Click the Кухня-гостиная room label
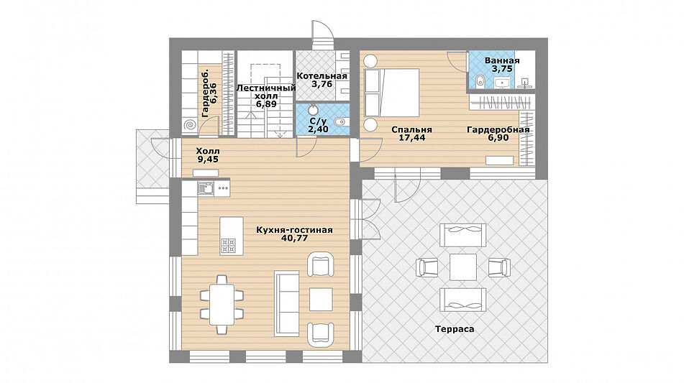294,230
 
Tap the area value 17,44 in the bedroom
412,138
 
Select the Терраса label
455,329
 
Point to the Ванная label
501,60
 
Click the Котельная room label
322,76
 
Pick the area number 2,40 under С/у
318,129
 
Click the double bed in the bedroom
392,93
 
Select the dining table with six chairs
222,305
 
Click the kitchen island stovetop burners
228,245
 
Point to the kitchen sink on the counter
206,189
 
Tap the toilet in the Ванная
480,80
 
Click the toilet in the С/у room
340,121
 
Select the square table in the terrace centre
463,267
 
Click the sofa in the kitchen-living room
286,303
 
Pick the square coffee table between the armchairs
321,299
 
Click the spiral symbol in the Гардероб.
190,126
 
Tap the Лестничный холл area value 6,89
266,104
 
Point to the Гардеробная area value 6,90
498,138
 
